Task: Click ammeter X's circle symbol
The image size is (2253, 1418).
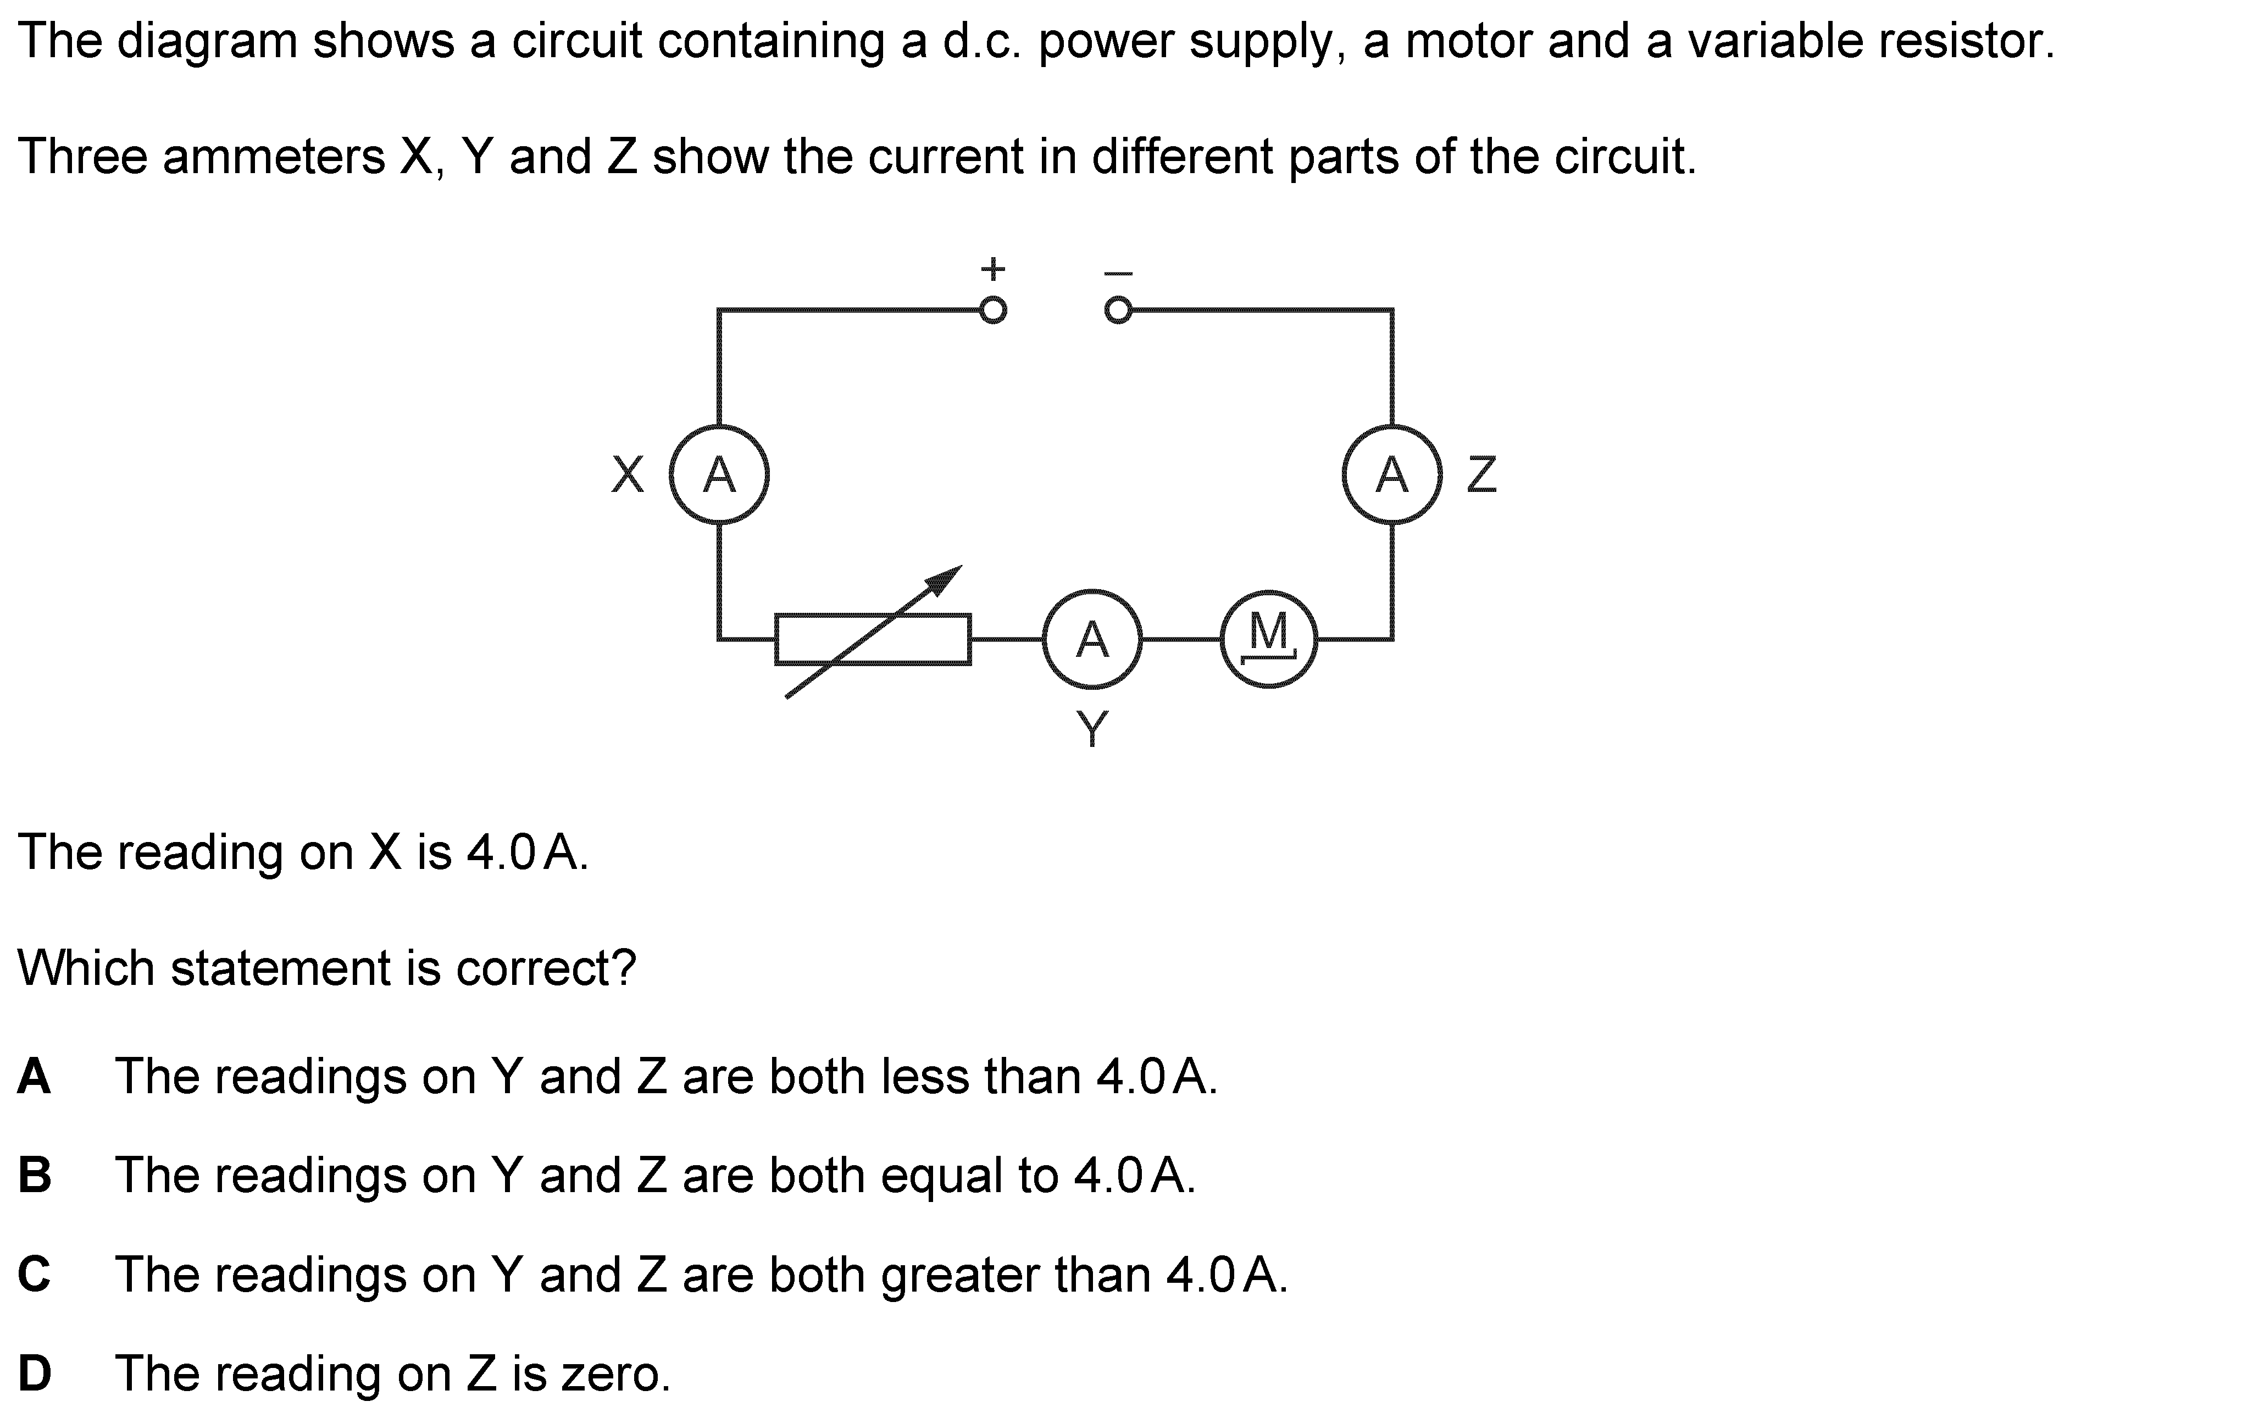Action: (x=719, y=474)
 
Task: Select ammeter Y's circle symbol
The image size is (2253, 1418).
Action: (x=1092, y=639)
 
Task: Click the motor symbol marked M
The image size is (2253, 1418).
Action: (x=1269, y=639)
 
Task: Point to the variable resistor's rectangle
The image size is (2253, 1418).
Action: (x=872, y=639)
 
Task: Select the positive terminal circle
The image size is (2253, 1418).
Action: (x=993, y=310)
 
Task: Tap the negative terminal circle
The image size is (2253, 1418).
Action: (x=1117, y=310)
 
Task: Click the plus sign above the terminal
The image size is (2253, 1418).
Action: (x=993, y=269)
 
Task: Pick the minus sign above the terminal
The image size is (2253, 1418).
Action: (x=1118, y=273)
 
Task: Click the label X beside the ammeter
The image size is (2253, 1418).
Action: (x=628, y=474)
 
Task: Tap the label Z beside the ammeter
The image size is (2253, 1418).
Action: (x=1482, y=474)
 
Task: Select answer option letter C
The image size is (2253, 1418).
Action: (x=35, y=1274)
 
